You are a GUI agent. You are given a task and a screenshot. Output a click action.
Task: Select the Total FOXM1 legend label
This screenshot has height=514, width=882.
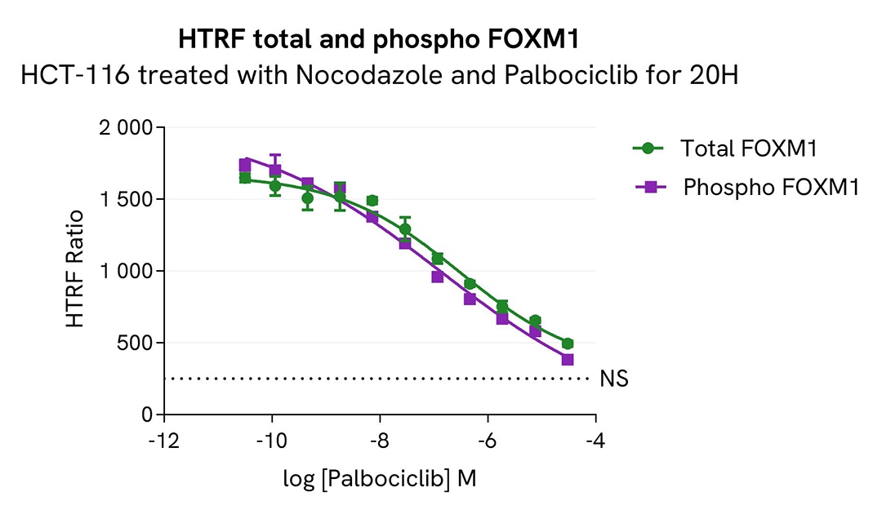tap(749, 148)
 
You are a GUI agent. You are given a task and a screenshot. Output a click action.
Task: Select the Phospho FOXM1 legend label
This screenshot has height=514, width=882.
tap(771, 187)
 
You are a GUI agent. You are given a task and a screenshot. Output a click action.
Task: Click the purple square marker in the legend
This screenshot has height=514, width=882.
tap(650, 187)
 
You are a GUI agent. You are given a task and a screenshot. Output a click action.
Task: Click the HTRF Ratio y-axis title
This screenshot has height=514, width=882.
tap(76, 268)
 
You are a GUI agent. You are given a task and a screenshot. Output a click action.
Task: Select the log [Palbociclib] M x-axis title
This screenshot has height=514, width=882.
tap(380, 479)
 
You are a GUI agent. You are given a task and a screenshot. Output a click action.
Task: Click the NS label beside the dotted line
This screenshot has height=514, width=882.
tap(614, 379)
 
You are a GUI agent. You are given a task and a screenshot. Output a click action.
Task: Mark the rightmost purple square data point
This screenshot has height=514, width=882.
tap(568, 360)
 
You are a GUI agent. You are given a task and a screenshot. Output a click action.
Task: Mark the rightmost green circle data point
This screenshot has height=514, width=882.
tap(568, 343)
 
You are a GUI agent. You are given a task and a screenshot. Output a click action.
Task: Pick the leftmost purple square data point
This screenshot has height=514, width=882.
tap(244, 165)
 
